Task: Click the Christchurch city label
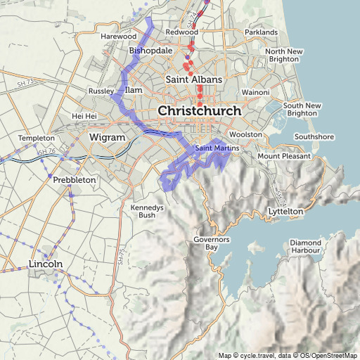200,111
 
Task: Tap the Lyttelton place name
285,211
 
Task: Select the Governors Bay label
212,244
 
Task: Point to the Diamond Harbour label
305,246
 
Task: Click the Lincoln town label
46,264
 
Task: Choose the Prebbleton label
74,180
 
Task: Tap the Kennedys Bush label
147,211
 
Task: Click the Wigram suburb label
108,136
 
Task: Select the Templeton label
36,138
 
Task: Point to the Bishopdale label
150,51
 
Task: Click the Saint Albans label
193,79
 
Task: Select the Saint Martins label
217,148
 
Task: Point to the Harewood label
119,36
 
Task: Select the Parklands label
262,32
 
